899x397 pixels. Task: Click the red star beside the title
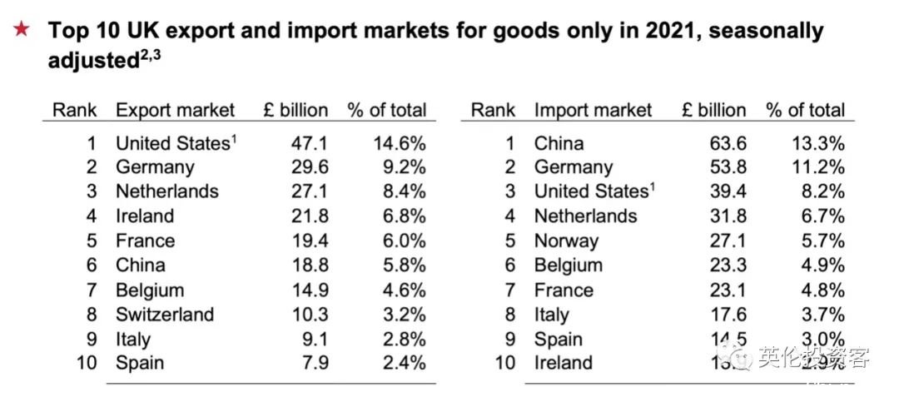coord(22,31)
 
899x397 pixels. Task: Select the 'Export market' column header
coord(175,110)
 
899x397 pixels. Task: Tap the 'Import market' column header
coord(593,110)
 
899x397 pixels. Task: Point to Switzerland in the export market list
coord(165,315)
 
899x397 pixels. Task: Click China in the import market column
coord(559,142)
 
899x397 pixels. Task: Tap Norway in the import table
coord(566,241)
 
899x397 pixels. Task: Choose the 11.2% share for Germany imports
coord(817,167)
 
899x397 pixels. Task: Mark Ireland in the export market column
coord(145,216)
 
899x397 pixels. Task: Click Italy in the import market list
coord(551,315)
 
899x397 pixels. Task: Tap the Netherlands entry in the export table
coord(166,191)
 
